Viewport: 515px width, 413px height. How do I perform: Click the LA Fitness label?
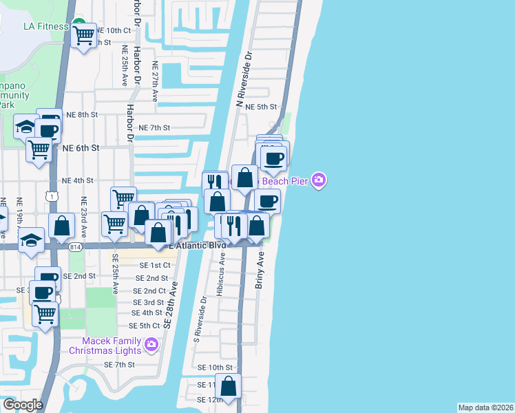coord(45,27)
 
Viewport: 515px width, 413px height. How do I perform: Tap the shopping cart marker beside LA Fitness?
coord(83,34)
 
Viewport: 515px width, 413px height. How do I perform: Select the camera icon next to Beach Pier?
coord(319,180)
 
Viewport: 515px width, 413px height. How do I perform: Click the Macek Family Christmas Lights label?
coord(112,346)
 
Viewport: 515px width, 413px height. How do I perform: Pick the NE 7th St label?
coord(154,128)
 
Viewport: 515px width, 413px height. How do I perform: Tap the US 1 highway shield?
coord(53,197)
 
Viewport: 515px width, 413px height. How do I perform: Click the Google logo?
coord(23,405)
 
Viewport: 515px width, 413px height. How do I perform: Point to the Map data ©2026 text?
coord(485,407)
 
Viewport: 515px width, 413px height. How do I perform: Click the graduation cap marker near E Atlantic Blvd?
coord(31,241)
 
